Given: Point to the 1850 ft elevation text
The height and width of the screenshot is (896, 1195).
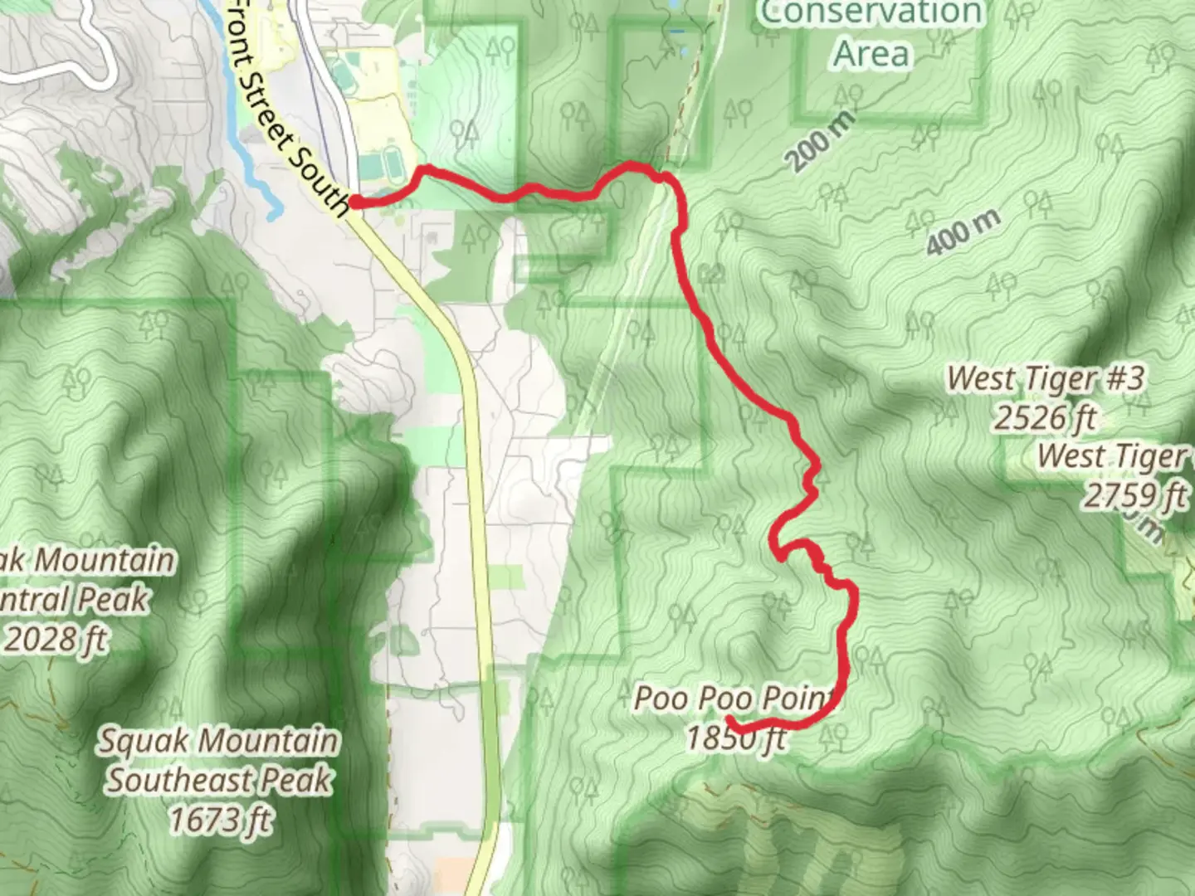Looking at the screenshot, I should [x=735, y=737].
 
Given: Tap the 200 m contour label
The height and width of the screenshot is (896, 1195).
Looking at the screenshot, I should [x=820, y=141].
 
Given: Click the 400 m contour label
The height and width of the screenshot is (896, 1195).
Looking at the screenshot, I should [x=963, y=232].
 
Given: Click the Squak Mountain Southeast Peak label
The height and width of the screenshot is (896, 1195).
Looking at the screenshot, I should [x=219, y=760].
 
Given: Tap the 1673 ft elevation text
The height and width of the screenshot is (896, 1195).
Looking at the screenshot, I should [x=219, y=820].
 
